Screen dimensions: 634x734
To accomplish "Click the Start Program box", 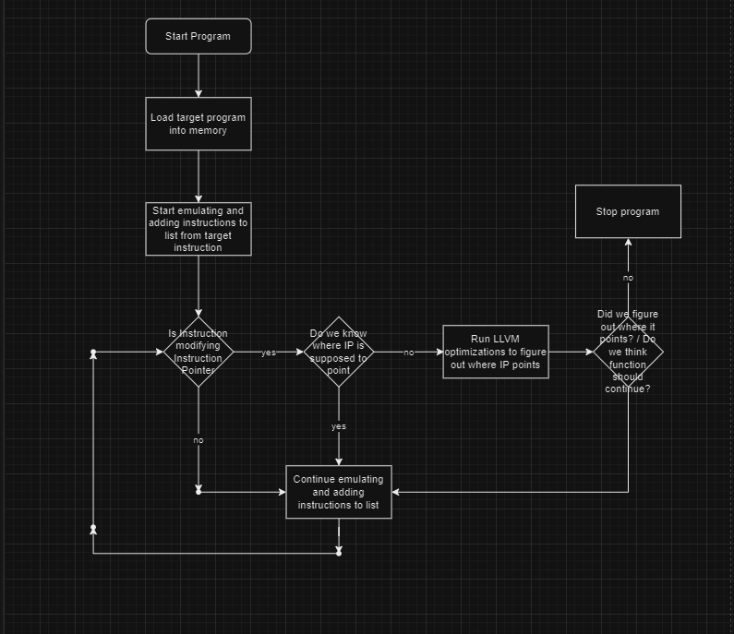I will pyautogui.click(x=198, y=36).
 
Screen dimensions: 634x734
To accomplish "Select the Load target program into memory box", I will pyautogui.click(x=198, y=124).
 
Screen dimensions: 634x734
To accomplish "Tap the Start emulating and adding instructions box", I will pyautogui.click(x=198, y=229).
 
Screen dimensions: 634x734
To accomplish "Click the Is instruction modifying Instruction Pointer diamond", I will pyautogui.click(x=198, y=352).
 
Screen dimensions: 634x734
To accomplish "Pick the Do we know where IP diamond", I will pyautogui.click(x=339, y=352).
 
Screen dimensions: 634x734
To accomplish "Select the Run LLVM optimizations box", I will pyautogui.click(x=495, y=352).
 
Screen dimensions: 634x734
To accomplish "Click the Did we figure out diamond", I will pyautogui.click(x=628, y=352).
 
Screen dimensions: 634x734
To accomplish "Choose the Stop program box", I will pyautogui.click(x=628, y=211).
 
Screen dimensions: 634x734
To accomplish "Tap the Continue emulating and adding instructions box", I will pyautogui.click(x=339, y=492).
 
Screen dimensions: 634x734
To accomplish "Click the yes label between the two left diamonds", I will pyautogui.click(x=269, y=353).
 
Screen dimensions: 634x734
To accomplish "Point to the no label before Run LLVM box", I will pyautogui.click(x=408, y=353).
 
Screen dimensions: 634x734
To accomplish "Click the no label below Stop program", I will pyautogui.click(x=628, y=278).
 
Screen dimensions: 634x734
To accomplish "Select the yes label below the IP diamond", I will pyautogui.click(x=339, y=426).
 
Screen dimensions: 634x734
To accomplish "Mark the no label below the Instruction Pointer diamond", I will pyautogui.click(x=198, y=440).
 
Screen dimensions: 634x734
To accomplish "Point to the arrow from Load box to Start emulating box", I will pyautogui.click(x=198, y=175).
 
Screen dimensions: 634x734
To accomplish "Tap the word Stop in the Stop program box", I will pyautogui.click(x=608, y=211).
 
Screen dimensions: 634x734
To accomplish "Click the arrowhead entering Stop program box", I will pyautogui.click(x=628, y=243).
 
